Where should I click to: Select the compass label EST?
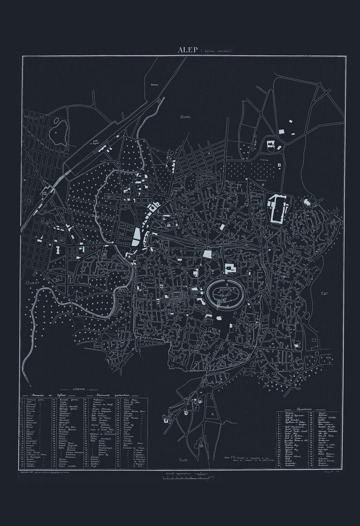coord(324,293)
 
